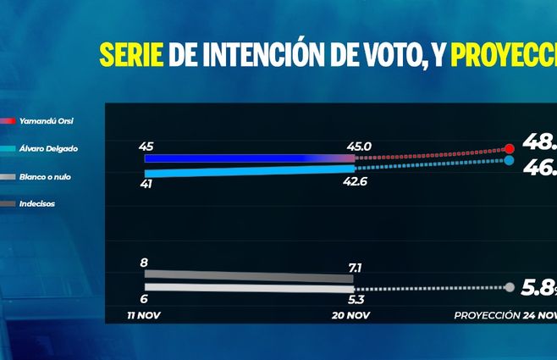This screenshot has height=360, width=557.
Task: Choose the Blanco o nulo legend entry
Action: (48, 176)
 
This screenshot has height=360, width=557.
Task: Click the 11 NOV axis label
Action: (145, 315)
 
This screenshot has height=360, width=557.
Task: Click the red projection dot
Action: (509, 149)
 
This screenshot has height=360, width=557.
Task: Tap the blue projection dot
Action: (509, 160)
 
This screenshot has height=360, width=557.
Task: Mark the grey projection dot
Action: (510, 287)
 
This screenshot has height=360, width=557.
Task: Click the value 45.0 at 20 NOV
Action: (360, 146)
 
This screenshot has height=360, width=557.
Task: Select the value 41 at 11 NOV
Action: (146, 183)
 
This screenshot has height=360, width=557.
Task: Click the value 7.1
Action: (356, 268)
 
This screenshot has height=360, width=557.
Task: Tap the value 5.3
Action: (357, 300)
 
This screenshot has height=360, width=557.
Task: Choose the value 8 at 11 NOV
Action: (144, 263)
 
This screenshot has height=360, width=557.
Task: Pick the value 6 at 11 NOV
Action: (144, 300)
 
